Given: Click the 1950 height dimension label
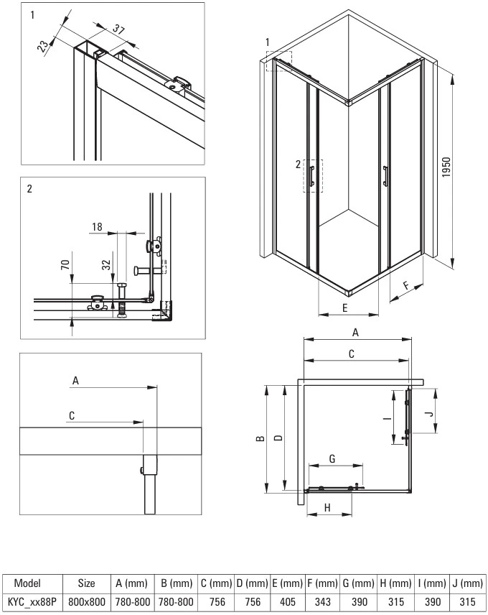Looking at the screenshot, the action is click(446, 167).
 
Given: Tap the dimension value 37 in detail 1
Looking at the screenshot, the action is click(118, 29).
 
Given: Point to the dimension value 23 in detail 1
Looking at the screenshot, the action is click(44, 45).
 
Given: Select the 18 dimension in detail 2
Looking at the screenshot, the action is click(97, 227).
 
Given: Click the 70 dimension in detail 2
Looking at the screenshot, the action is click(65, 264).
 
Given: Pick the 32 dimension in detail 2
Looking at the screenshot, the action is click(106, 265).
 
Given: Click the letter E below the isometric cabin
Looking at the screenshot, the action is click(345, 308).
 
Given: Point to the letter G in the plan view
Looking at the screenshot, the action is click(332, 458).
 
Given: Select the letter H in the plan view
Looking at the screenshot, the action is click(328, 508).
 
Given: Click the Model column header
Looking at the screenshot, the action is click(27, 583).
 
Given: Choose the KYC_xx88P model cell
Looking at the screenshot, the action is click(32, 601).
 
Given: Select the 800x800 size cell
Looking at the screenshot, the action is click(87, 601).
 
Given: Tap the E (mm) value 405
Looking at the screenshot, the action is click(288, 601).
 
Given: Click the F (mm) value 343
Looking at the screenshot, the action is click(323, 601).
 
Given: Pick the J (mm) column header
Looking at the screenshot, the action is click(467, 583).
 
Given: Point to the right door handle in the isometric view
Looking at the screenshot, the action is click(385, 176).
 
